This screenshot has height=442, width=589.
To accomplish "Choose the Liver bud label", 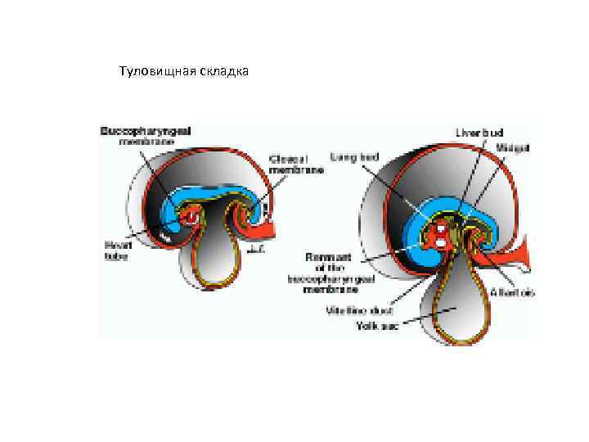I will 479,131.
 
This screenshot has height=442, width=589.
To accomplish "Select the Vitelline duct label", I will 359,311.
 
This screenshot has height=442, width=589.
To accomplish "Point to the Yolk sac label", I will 371,325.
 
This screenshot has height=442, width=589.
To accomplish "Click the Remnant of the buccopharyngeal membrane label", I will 326,273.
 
